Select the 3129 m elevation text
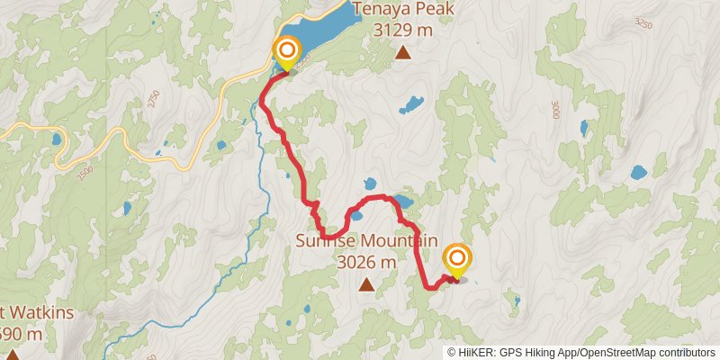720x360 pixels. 405,30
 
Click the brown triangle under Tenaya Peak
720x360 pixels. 404,54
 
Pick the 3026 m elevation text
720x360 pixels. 366,262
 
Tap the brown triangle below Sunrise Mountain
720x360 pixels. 366,286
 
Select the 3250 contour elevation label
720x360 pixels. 641,22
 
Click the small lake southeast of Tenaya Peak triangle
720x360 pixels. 412,104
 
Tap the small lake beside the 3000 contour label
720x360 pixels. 586,128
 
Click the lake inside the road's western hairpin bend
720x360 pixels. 57,140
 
